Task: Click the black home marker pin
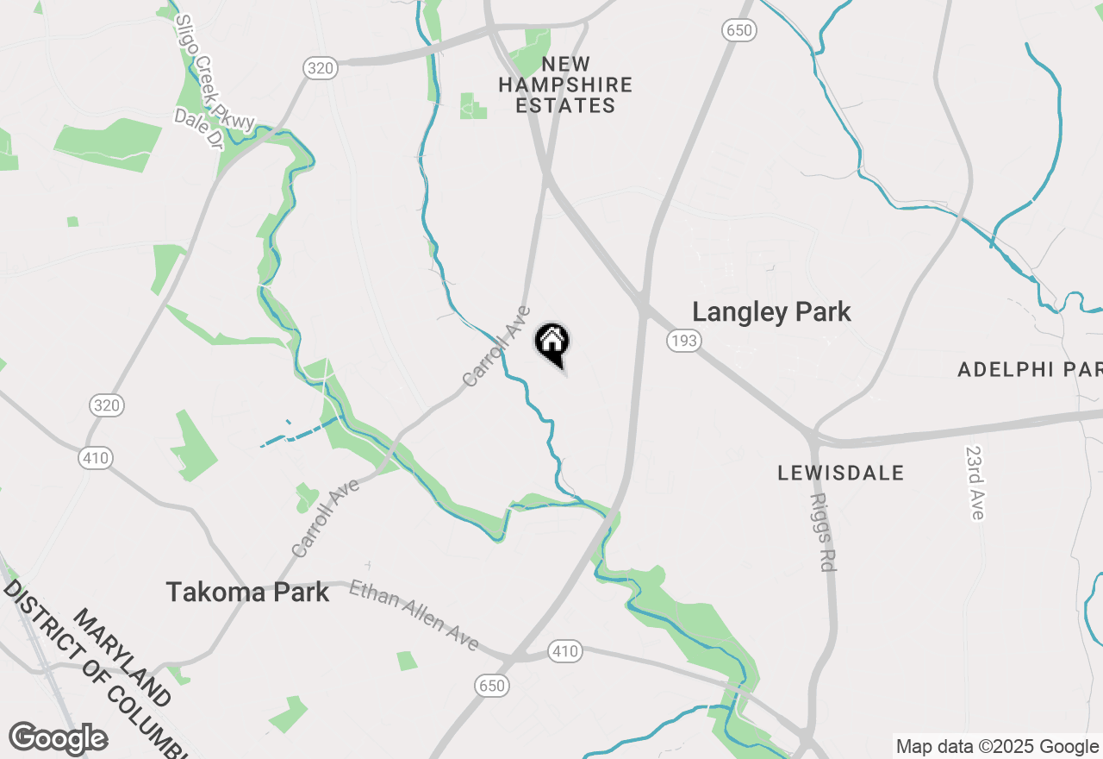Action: (552, 343)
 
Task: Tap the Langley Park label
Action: (771, 312)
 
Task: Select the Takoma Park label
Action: (247, 592)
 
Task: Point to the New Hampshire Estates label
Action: (565, 85)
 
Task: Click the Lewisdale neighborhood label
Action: (841, 473)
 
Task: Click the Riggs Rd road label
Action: (823, 533)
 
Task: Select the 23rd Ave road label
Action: (975, 483)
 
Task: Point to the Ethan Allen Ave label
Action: (414, 616)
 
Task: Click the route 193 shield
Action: (682, 342)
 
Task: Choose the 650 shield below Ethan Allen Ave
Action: (491, 687)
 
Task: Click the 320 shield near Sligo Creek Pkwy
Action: (319, 69)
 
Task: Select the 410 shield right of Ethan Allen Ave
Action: (565, 651)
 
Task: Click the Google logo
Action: (58, 738)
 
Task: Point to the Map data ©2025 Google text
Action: (996, 747)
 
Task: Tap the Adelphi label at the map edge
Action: (1029, 370)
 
